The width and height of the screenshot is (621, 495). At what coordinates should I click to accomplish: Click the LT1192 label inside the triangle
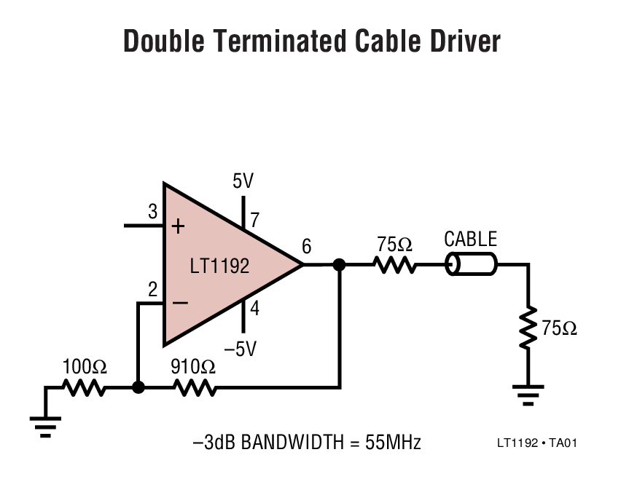tap(219, 266)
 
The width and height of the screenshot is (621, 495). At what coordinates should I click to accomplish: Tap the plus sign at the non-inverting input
tap(178, 226)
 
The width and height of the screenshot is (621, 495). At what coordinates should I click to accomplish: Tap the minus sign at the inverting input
tap(178, 302)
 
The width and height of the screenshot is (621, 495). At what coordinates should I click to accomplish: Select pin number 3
tap(152, 212)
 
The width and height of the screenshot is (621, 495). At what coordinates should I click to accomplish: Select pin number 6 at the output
tap(306, 247)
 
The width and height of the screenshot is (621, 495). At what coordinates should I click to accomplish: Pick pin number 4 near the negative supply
tap(254, 309)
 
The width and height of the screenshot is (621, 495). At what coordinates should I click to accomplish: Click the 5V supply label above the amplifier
tap(243, 181)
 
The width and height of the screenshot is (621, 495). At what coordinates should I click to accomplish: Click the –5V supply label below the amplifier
tap(241, 349)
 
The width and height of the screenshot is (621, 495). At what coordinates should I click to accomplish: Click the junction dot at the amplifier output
tap(338, 265)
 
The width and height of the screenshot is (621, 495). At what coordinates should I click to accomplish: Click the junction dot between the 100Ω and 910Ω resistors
tap(138, 388)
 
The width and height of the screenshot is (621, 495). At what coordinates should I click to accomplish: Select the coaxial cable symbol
tap(471, 265)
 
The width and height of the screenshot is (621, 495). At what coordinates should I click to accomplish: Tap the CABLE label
tap(470, 239)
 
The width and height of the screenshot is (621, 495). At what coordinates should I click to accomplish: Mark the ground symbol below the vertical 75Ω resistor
tap(528, 395)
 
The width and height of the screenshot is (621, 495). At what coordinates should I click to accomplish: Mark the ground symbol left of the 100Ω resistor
tap(45, 424)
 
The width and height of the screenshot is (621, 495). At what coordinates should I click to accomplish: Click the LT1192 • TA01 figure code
tap(537, 443)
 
